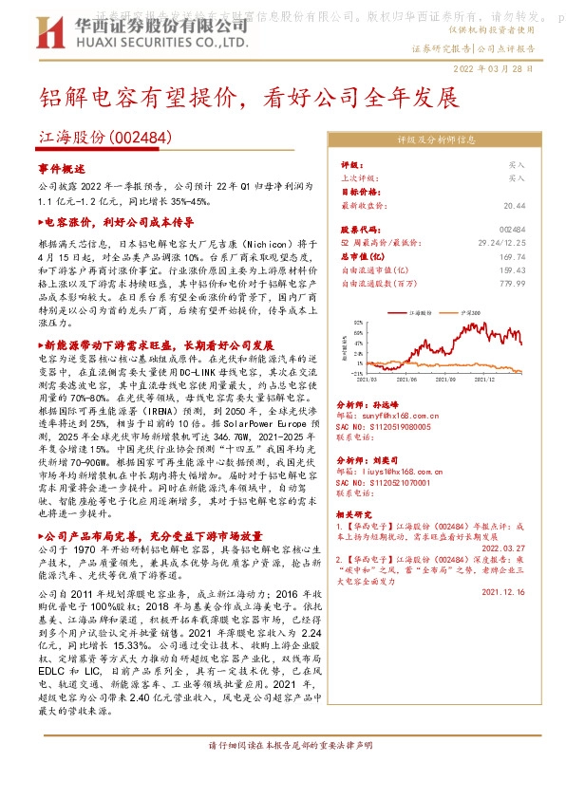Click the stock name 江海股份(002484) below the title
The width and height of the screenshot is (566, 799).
pos(105,139)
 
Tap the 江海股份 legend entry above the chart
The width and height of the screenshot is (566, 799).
pos(423,310)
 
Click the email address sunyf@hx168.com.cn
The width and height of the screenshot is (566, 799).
pos(392,414)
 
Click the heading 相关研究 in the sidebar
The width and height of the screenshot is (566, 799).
pos(356,514)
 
